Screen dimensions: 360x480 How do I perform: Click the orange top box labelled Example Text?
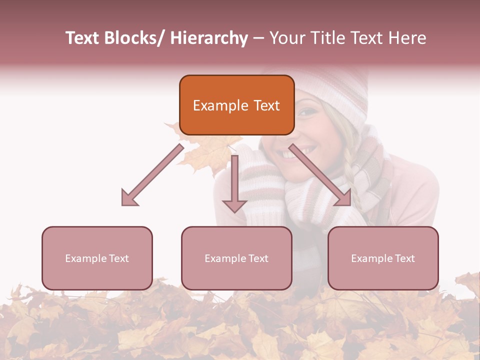pos(236,105)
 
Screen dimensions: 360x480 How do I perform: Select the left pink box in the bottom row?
pos(97,258)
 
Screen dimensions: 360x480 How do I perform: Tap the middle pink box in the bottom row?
pos(236,258)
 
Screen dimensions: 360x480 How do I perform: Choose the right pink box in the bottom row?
pos(383,258)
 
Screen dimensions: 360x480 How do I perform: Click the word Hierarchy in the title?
pos(209,38)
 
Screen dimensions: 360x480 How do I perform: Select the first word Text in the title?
pos(83,38)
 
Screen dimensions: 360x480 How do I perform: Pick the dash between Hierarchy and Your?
pos(258,38)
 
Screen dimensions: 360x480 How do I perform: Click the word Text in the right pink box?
pos(405,258)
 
